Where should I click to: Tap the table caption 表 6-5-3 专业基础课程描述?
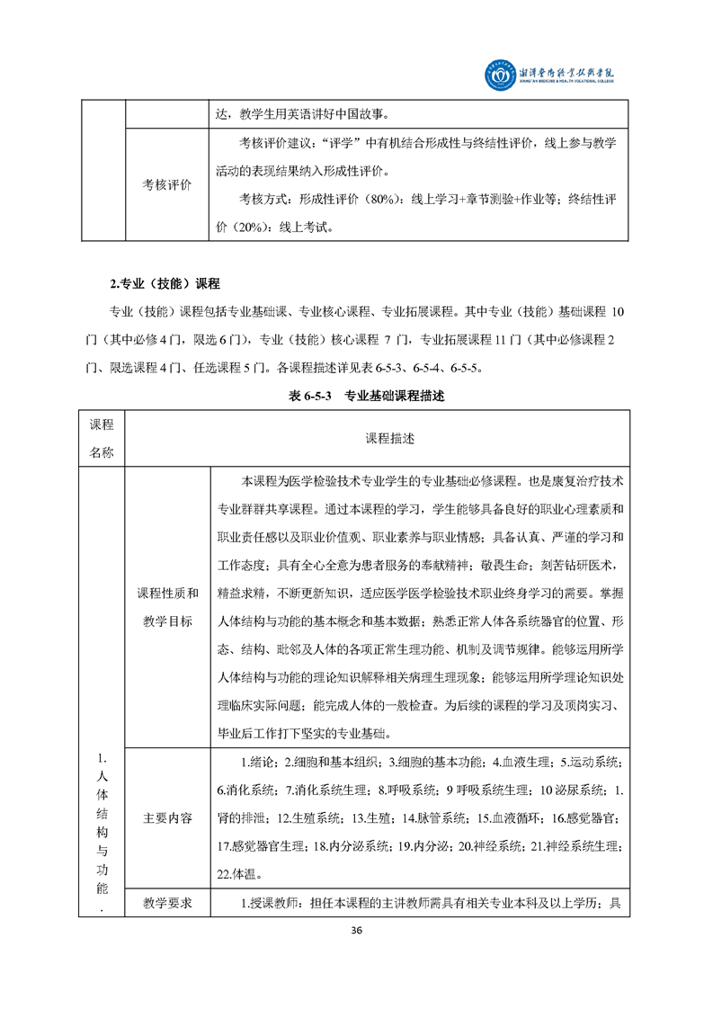click(x=356, y=396)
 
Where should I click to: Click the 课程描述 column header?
click(x=389, y=439)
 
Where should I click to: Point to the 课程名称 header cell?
click(x=102, y=439)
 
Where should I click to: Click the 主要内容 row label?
click(x=166, y=819)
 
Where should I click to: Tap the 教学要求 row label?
click(x=166, y=902)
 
